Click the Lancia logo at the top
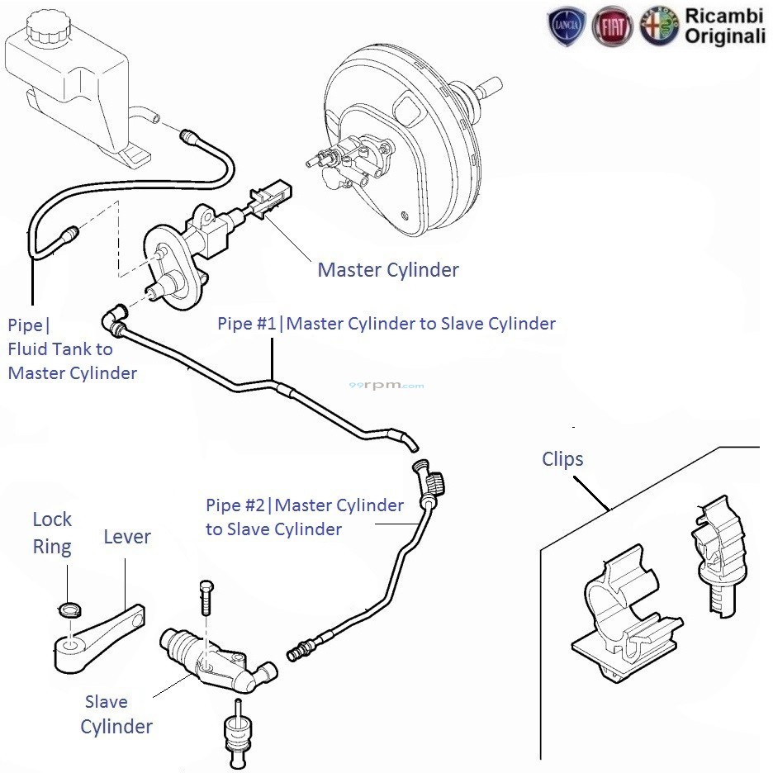(567, 26)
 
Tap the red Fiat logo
(613, 26)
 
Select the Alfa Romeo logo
(659, 26)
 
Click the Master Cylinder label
(388, 270)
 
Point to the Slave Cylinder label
(116, 714)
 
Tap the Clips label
(562, 459)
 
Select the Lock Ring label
(52, 533)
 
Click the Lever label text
(127, 537)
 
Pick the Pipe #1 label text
(386, 323)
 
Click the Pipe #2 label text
(304, 516)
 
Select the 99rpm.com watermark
(386, 386)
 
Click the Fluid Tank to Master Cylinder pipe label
(72, 349)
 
